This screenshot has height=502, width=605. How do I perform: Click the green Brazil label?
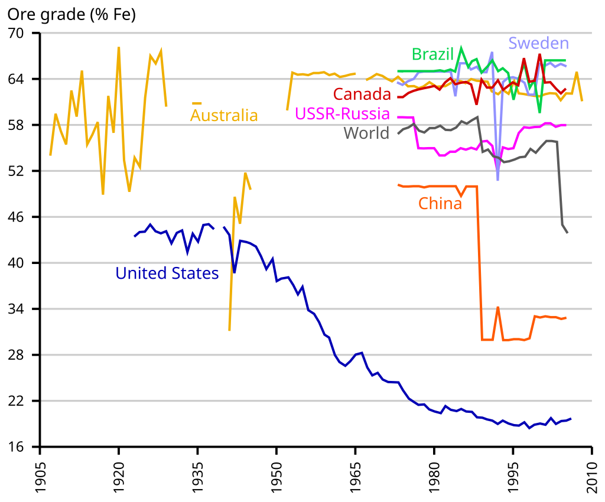pyautogui.click(x=432, y=55)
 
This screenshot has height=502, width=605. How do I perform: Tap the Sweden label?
pyautogui.click(x=538, y=43)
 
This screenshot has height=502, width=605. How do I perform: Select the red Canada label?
pyautogui.click(x=362, y=94)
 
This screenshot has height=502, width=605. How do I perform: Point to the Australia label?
pyautogui.click(x=224, y=115)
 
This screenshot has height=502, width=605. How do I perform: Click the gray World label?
pyautogui.click(x=366, y=133)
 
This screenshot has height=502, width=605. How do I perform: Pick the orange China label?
pyautogui.click(x=440, y=204)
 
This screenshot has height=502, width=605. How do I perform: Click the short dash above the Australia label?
pyautogui.click(x=197, y=104)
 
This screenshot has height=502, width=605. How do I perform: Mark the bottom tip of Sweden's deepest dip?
pyautogui.click(x=498, y=180)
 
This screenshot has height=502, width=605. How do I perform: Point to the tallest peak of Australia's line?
pyautogui.click(x=119, y=47)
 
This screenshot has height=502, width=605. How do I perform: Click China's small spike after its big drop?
pyautogui.click(x=498, y=307)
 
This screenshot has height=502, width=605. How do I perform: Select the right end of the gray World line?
pyautogui.click(x=568, y=233)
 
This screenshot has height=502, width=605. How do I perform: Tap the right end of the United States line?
pyautogui.click(x=571, y=418)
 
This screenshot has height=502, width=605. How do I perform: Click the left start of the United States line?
pyautogui.click(x=134, y=237)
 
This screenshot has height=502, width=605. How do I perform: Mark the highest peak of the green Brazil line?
pyautogui.click(x=461, y=47)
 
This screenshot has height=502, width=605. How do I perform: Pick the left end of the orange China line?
pyautogui.click(x=398, y=185)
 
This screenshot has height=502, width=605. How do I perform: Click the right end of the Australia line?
pyautogui.click(x=583, y=101)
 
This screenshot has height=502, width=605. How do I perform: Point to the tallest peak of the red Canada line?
pyautogui.click(x=539, y=55)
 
